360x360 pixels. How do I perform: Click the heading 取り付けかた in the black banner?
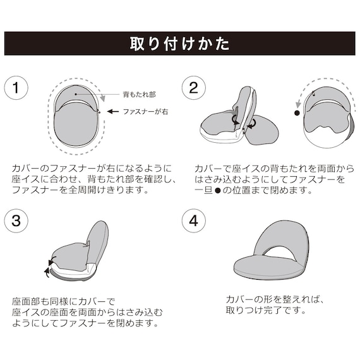pos(179,44)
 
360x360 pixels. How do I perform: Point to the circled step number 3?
pos(17,222)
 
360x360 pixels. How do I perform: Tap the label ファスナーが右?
pos(147,111)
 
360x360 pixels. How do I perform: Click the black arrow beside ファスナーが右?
pos(112,111)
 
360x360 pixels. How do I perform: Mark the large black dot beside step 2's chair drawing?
pos(296,114)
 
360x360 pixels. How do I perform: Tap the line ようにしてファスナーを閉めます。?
pos(85,323)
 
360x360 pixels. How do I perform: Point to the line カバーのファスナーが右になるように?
pos(92,169)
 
